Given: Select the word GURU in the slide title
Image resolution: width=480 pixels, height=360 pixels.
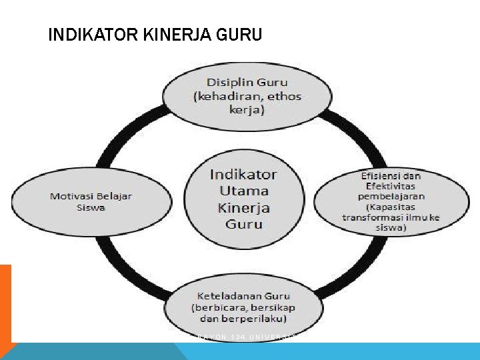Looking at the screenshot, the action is click(239, 34).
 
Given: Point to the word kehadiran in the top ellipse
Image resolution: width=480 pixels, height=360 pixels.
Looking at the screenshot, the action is click(227, 96).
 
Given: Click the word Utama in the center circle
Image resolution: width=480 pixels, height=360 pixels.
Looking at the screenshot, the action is click(243, 191).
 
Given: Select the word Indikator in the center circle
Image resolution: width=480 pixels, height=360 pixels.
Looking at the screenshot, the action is click(243, 174).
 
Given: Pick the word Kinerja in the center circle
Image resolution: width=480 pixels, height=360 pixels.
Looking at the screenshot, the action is click(243, 207).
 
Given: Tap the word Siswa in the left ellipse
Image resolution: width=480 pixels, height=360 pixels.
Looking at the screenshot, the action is click(91, 207).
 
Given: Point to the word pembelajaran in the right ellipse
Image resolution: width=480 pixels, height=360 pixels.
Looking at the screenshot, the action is click(391, 196).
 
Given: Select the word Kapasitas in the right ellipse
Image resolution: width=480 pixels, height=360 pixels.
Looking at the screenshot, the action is click(392, 206).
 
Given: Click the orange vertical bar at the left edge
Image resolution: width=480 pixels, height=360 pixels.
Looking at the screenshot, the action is click(5, 303).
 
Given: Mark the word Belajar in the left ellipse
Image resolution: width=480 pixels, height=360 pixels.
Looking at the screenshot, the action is click(112, 196).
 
